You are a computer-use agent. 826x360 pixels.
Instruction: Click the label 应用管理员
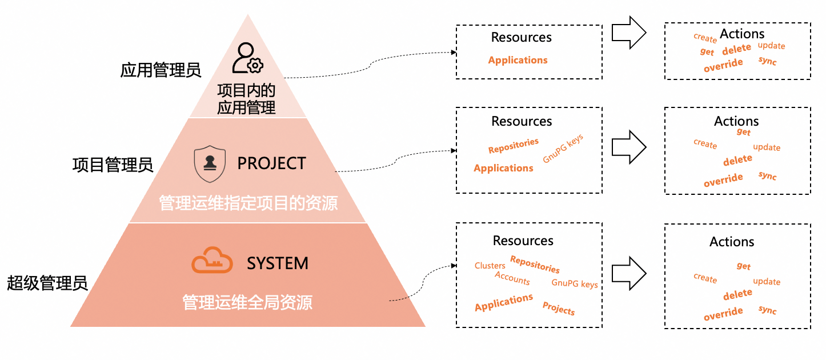coord(161,70)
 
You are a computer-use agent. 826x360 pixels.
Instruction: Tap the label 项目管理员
coord(113,165)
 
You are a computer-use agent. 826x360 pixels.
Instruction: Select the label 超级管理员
coord(47,283)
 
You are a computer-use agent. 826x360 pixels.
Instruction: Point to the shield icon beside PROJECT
coord(210,164)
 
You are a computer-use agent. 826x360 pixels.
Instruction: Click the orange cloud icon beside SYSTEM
coord(212,260)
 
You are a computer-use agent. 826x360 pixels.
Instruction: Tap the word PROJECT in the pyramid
coord(272,163)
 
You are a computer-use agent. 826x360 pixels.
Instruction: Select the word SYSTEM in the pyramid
coord(277,263)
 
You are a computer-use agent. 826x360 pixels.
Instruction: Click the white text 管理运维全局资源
coord(247,302)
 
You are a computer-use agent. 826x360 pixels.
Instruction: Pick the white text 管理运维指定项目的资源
coord(248,203)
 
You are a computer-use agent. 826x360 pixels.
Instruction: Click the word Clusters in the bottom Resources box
coord(490,266)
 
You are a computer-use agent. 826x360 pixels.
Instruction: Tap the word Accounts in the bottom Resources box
coord(512,278)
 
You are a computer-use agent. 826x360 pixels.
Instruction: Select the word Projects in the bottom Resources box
coord(559,309)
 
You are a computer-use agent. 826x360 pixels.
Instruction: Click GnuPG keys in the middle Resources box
coord(563,148)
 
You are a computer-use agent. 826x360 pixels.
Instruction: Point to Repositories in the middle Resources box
coord(514,146)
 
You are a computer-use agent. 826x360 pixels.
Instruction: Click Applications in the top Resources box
coord(518,60)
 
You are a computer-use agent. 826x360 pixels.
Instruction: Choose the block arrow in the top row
coord(629,33)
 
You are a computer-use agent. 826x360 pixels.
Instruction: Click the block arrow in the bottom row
coord(629,273)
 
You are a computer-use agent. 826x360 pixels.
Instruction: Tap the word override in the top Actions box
coord(723,65)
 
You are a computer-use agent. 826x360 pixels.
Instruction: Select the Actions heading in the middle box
coord(736,121)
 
